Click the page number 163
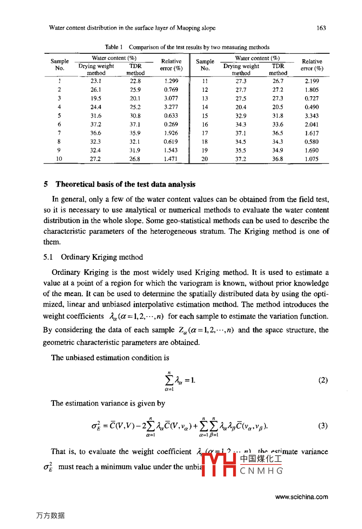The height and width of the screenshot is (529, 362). pos(321,28)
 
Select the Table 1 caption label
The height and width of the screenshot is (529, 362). pos(114,47)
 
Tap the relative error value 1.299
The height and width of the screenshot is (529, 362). pos(171,81)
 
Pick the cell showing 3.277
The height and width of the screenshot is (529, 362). pos(171,107)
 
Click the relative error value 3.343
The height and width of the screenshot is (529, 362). pos(312,116)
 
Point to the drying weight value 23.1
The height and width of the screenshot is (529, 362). pos(96,81)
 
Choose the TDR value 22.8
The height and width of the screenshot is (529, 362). pos(135,81)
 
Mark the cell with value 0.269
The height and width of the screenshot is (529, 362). pos(171,124)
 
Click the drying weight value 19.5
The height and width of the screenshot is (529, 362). pos(96,98)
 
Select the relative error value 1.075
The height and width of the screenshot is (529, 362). pos(312,159)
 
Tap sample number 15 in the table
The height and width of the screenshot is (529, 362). pos(205,116)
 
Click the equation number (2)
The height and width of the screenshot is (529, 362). pos(323,380)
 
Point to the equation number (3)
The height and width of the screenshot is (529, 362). pos(323,426)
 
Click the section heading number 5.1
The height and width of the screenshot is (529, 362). pos(48,257)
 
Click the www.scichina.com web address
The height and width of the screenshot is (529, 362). pos(302,497)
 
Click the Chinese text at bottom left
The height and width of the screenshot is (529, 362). pos(50,515)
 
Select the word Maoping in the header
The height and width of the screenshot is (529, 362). pos(188,28)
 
